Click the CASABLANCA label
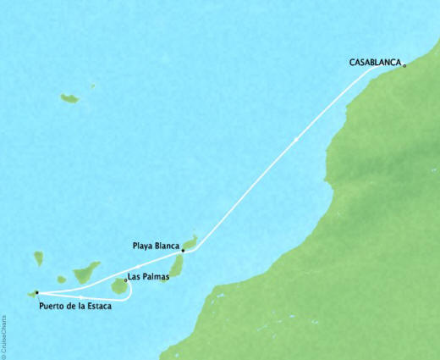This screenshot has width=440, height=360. [x=375, y=62]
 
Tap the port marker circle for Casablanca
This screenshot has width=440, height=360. [x=405, y=64]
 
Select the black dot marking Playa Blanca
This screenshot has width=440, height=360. [x=183, y=251]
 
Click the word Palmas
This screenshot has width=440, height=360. [x=152, y=275]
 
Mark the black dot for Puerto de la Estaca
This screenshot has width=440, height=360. [x=37, y=292]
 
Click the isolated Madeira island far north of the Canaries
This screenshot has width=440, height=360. [x=69, y=99]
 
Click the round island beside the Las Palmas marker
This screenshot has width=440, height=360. [x=119, y=288]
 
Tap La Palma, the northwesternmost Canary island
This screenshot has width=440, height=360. [x=37, y=258]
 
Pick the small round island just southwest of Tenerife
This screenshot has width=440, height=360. [x=59, y=280]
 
